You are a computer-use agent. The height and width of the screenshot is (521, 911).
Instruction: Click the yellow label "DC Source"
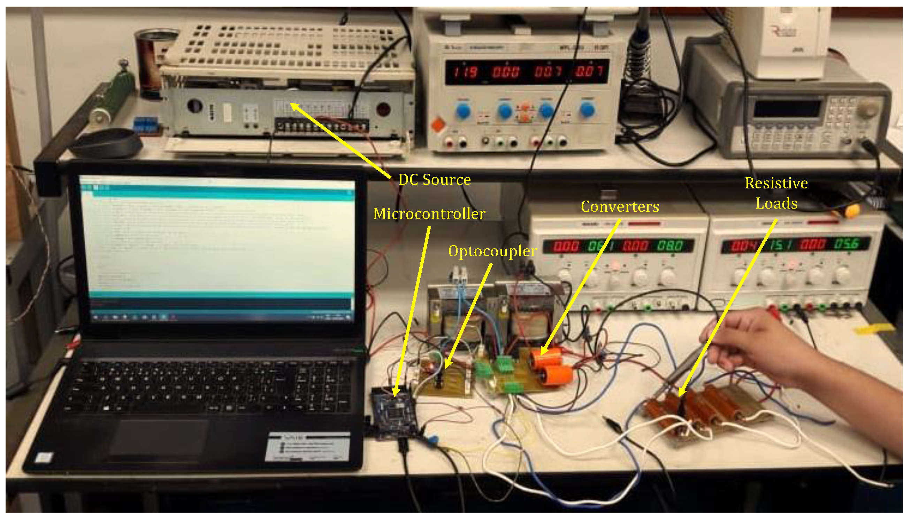434,180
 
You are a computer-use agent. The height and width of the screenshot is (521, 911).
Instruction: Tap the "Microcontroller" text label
429,214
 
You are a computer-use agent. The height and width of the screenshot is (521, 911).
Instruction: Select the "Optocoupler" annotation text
492,251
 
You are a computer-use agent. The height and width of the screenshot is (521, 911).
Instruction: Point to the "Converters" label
620,207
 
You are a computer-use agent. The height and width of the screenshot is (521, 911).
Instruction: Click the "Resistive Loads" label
776,193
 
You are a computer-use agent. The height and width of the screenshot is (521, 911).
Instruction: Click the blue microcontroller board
394,412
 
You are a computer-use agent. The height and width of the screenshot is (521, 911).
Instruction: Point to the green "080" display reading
669,246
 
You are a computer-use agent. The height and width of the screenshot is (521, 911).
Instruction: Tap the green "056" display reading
846,244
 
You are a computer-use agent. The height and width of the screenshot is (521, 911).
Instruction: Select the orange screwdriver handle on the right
851,211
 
